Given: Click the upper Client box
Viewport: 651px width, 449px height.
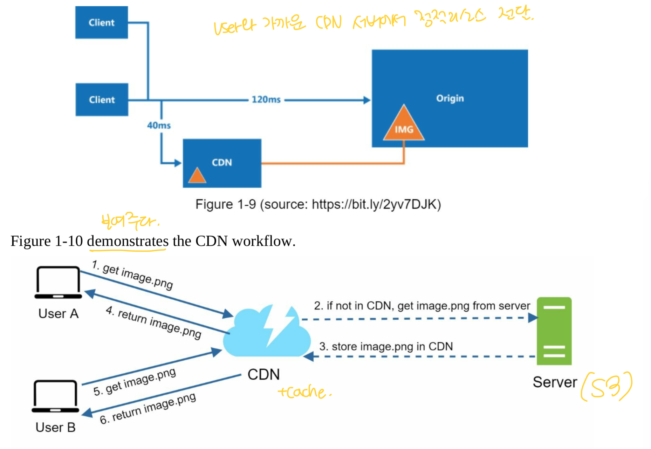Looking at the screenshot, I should tap(101, 22).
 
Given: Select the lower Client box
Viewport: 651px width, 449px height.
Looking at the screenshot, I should tap(102, 100).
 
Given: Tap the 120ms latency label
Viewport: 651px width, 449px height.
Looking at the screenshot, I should tap(266, 100).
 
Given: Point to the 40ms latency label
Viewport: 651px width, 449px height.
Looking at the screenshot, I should tap(159, 125).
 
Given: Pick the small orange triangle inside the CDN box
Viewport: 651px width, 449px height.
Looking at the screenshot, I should tap(197, 176).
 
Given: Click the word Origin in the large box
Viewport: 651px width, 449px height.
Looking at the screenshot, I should tap(450, 98).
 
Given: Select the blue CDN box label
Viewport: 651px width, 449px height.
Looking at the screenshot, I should tap(222, 162).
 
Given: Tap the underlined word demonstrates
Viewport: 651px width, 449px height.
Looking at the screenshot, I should tap(128, 241).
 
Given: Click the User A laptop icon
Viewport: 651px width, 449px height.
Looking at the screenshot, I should tap(58, 283).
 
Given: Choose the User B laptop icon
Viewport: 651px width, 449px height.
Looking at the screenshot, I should tap(55, 396).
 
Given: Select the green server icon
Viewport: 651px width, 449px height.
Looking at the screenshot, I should tap(554, 331).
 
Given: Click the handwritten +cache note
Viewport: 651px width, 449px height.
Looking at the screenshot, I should tap(304, 392).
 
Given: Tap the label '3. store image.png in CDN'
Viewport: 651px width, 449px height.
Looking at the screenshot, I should tap(386, 347).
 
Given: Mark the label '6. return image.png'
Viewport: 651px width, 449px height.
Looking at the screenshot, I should tap(148, 408).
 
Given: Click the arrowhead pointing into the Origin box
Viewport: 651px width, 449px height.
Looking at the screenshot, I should tap(366, 100).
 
